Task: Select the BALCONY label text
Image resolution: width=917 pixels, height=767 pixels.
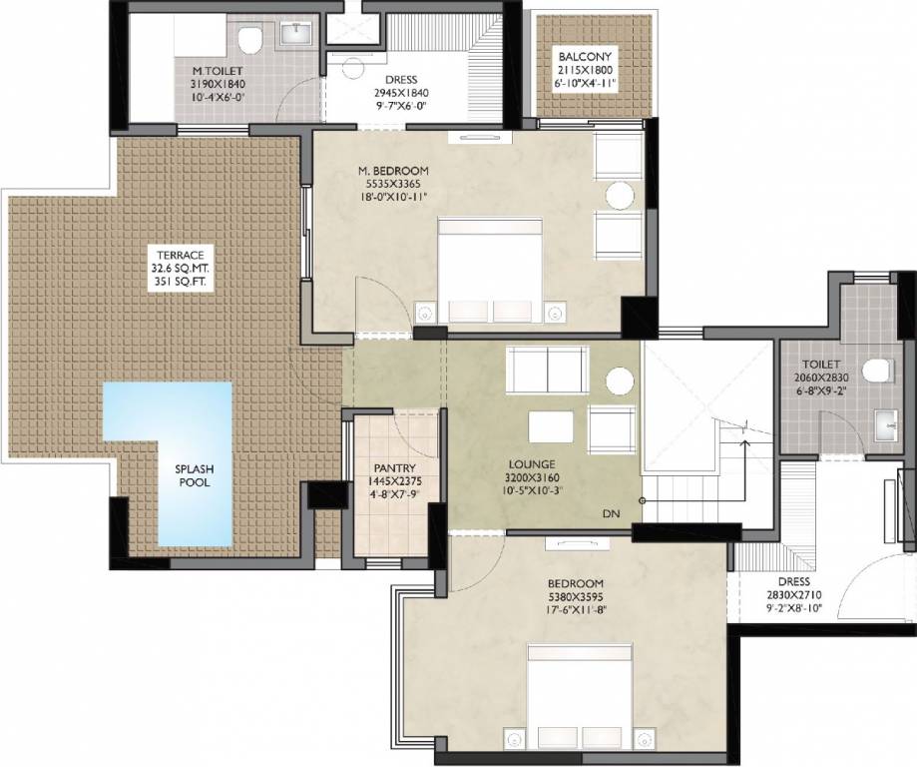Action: (585, 57)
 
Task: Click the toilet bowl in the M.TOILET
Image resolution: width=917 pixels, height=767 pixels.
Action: (250, 40)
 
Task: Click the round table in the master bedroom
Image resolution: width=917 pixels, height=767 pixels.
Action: (621, 195)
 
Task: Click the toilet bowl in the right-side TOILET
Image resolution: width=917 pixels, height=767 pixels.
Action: (876, 372)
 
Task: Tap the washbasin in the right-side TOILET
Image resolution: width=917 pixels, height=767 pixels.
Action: (887, 427)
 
